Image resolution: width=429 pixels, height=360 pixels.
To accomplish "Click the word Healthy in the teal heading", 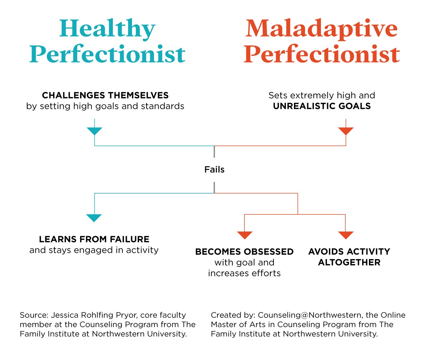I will [x=107, y=29].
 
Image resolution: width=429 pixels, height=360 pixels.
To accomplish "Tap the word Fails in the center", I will [x=214, y=169].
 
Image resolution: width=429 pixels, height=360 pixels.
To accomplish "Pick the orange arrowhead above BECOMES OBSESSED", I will [x=245, y=235].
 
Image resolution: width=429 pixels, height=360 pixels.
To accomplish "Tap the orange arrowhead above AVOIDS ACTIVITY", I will [x=345, y=235].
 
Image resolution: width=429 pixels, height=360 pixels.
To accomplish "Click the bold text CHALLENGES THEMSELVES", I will [x=105, y=96].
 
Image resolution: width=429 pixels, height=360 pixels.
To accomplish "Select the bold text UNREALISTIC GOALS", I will [x=322, y=106].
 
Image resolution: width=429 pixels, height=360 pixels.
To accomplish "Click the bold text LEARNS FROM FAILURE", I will [x=94, y=239].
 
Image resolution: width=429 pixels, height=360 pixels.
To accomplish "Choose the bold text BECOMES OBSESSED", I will [x=244, y=252].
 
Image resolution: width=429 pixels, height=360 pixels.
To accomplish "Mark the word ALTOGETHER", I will [x=349, y=262].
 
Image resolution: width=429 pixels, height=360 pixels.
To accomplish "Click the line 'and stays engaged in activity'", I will [x=94, y=250].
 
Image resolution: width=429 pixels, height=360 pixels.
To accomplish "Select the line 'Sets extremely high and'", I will [x=322, y=96].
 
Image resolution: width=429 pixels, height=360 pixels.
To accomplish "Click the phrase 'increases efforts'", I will [x=244, y=273].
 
